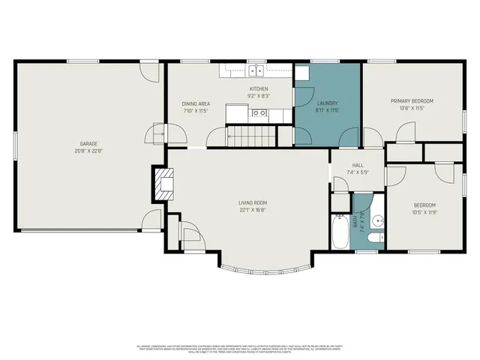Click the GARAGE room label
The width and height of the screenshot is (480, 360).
[x=89, y=143]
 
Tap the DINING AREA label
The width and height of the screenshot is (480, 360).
[x=195, y=103]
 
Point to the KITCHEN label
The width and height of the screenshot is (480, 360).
[x=259, y=89]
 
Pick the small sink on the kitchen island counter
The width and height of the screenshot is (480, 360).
[x=259, y=114]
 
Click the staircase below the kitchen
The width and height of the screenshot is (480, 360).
[x=244, y=136]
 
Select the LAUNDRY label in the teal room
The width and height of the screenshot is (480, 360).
[x=328, y=103]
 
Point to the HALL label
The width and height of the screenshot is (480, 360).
[x=358, y=166]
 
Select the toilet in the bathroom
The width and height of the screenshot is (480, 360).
[x=377, y=238]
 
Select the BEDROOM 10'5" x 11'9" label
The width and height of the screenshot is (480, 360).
[x=424, y=208]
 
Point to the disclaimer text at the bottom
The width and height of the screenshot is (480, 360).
[x=240, y=349]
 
